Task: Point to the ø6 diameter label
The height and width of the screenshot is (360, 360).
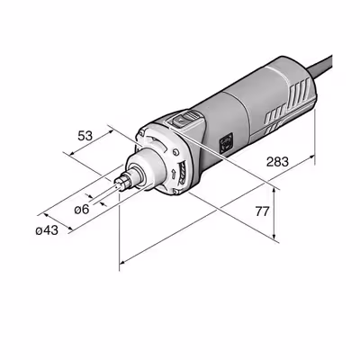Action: coord(80,209)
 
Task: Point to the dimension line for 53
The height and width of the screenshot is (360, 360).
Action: coord(99,151)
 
